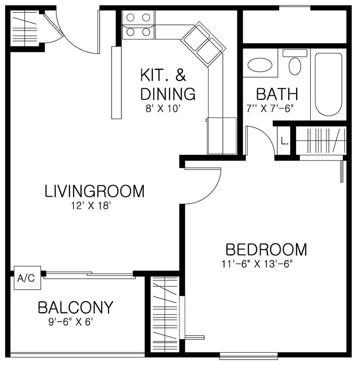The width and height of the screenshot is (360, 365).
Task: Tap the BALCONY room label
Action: tap(75, 308)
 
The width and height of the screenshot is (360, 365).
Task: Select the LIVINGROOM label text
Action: tap(94, 191)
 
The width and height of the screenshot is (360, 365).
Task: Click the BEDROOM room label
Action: tap(266, 250)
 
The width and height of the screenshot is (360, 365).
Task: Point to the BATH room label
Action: tap(277, 94)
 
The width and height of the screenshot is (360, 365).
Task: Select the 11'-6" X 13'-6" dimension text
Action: tap(257, 264)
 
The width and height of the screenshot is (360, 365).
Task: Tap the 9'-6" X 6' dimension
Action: tap(70, 322)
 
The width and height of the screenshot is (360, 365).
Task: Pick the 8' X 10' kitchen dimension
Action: tap(165, 109)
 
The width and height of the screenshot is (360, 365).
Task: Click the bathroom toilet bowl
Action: tap(295, 66)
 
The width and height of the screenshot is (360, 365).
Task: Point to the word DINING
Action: tap(168, 94)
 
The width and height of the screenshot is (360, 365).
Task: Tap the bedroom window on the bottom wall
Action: tap(248, 356)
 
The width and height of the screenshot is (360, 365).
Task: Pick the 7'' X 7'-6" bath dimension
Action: tap(269, 109)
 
